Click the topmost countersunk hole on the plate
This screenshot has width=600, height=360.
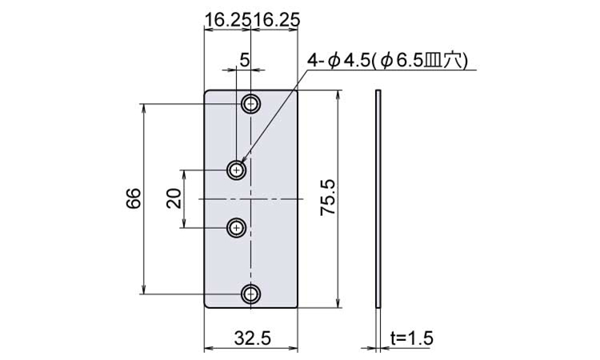coord(250,103)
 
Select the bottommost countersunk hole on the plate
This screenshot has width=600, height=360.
coord(250,294)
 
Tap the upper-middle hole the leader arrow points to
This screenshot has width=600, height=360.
coord(237,170)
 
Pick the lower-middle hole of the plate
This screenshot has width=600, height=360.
coord(237,228)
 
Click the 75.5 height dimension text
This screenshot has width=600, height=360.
coord(328,198)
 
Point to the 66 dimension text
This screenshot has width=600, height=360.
coord(134,198)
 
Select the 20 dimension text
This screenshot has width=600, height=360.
coord(174,198)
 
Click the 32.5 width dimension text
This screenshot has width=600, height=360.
coord(253,338)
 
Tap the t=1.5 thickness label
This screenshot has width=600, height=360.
coord(412,338)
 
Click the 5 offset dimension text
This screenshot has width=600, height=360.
coord(244,60)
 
